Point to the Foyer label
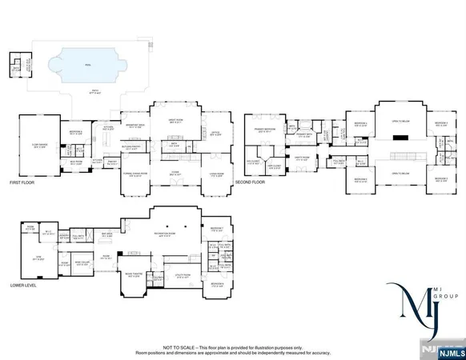175,172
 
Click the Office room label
215,134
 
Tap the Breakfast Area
134,126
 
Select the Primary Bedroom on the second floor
265,130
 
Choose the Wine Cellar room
82,262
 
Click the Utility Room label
183,275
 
